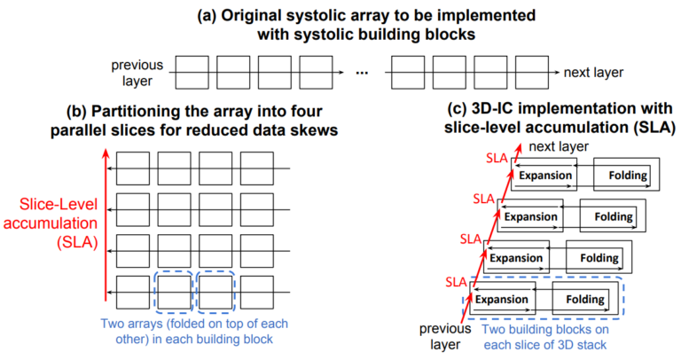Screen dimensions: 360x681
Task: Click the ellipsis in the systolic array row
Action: (361, 74)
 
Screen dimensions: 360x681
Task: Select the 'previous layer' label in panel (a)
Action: (134, 73)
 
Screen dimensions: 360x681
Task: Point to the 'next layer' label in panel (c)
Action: (554, 145)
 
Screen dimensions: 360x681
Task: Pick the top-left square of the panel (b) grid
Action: (132, 168)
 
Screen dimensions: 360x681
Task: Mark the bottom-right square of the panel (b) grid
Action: (256, 290)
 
